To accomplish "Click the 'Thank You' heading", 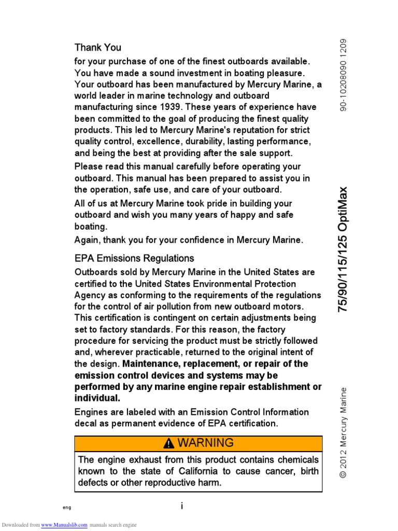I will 98,48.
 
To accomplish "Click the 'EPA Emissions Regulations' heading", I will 134,258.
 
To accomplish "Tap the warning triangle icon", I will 169,443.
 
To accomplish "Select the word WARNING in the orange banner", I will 206,443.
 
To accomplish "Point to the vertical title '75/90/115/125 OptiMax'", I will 343,249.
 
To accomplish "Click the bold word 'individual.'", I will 97,398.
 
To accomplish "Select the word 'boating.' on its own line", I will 91,227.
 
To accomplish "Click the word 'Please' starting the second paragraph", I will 89,166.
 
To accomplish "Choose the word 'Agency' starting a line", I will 89,295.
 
